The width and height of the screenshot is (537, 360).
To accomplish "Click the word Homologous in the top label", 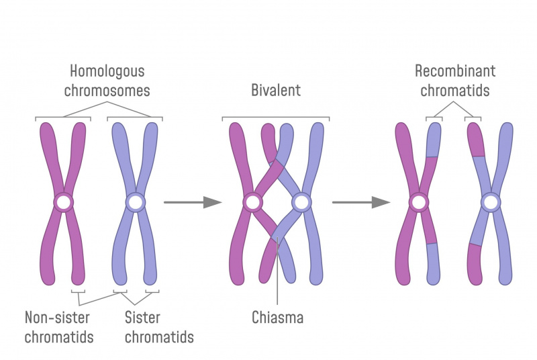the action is [x=107, y=71].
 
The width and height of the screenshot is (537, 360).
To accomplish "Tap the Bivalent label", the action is [x=276, y=91].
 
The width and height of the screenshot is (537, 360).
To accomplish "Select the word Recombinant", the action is [x=455, y=71].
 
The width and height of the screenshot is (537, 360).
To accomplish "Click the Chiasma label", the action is [x=277, y=318].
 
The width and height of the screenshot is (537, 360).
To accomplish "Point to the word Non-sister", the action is [x=57, y=318].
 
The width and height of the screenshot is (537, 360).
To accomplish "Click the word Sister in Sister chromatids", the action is [x=142, y=318].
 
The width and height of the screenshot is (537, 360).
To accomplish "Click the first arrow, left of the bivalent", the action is [x=193, y=202].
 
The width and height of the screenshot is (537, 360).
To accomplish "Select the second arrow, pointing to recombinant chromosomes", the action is [x=361, y=202].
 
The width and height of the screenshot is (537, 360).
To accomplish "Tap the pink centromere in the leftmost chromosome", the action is [x=64, y=202].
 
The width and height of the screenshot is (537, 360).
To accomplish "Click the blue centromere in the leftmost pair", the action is [x=136, y=202].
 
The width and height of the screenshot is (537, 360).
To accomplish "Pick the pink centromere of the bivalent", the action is [x=253, y=202].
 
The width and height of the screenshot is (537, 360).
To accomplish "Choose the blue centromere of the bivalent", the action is [x=301, y=202].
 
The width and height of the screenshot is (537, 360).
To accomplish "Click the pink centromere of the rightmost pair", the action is [x=418, y=202].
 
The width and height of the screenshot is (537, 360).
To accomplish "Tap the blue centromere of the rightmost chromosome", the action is [x=491, y=202].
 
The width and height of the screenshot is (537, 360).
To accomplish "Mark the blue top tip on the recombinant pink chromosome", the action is [x=434, y=140].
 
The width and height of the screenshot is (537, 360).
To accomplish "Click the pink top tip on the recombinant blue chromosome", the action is [x=476, y=140].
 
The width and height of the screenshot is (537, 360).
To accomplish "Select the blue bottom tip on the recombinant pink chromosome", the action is [x=433, y=264].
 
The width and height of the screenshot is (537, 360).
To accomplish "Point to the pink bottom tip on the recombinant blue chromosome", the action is [x=475, y=265].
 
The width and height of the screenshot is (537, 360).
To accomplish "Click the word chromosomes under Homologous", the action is [x=107, y=91].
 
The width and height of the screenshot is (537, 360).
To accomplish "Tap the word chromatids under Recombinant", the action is [x=455, y=91].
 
